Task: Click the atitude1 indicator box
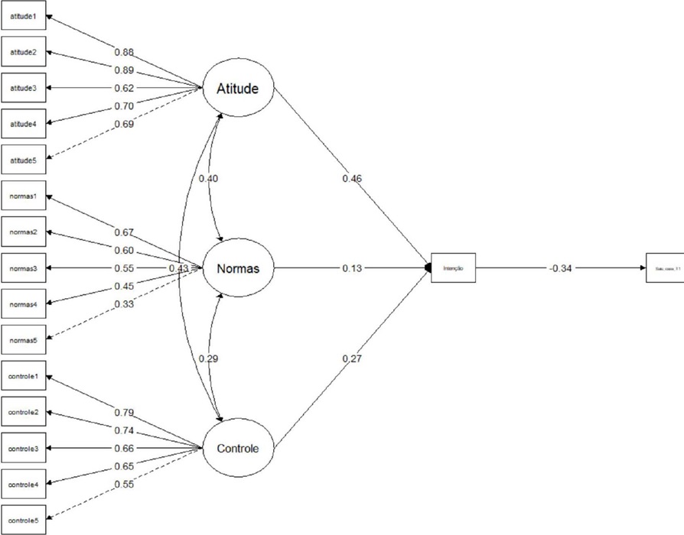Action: click(x=22, y=15)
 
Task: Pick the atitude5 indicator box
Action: click(x=22, y=160)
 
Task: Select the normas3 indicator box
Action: click(x=22, y=268)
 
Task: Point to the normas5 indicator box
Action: click(x=22, y=340)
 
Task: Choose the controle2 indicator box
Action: click(x=22, y=412)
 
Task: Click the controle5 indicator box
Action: click(x=22, y=520)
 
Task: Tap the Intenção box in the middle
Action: click(x=454, y=268)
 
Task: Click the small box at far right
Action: click(x=663, y=268)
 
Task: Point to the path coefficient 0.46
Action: click(x=352, y=178)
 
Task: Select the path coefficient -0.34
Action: click(x=561, y=268)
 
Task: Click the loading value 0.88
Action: click(x=125, y=53)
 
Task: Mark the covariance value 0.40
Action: click(x=209, y=178)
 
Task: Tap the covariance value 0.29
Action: click(x=209, y=358)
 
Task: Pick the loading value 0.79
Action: click(x=125, y=413)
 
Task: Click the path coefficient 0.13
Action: click(x=352, y=268)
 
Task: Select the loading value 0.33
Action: click(x=125, y=305)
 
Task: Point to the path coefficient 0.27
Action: click(x=352, y=358)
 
